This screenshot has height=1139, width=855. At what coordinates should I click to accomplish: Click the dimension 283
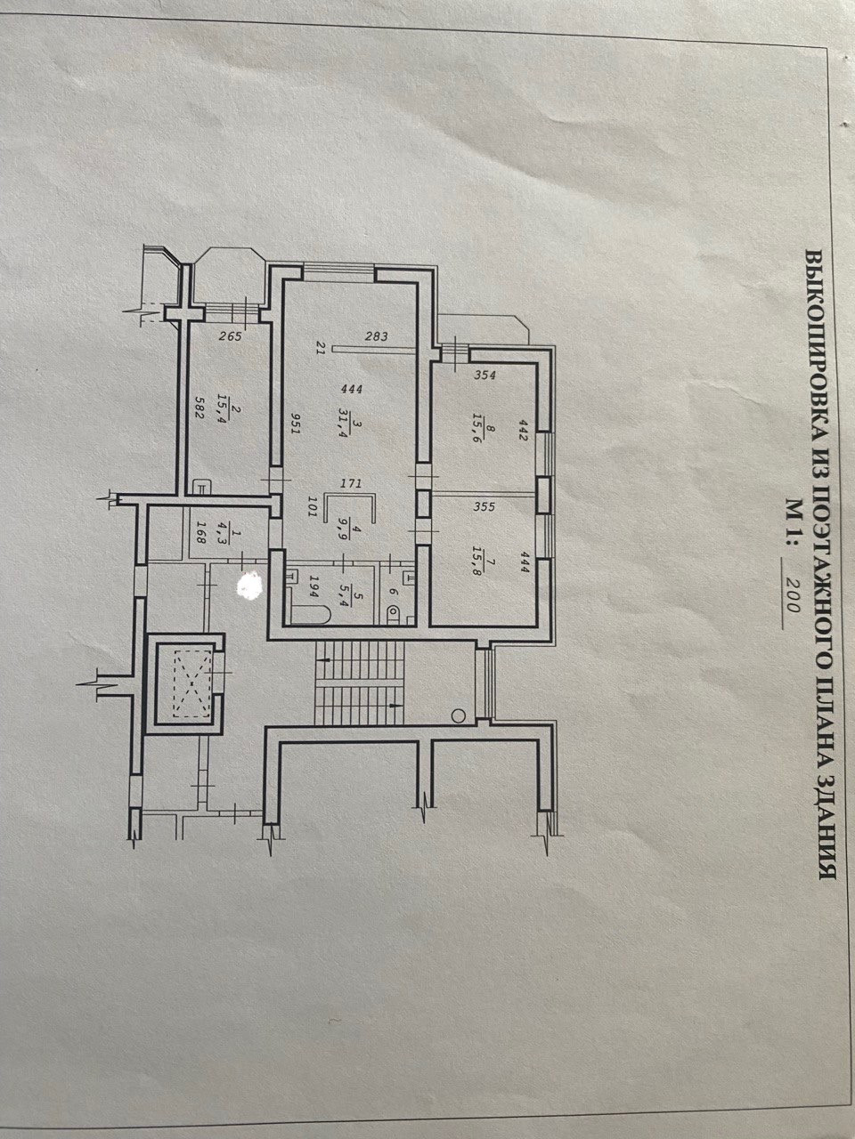pyautogui.click(x=376, y=335)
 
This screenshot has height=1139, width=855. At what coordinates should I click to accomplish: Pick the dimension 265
pyautogui.click(x=230, y=335)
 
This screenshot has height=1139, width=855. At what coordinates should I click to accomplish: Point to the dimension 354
pyautogui.click(x=484, y=375)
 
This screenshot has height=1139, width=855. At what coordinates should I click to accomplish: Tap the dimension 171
pyautogui.click(x=352, y=485)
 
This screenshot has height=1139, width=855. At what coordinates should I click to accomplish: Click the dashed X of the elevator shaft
pyautogui.click(x=184, y=683)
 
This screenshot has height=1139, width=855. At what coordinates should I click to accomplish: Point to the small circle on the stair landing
pyautogui.click(x=459, y=714)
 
